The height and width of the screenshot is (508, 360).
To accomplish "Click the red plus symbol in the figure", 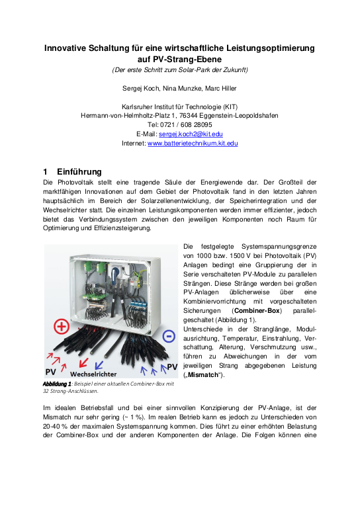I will [62, 327].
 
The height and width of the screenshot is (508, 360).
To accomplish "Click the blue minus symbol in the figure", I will [168, 336].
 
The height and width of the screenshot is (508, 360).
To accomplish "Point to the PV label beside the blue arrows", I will [171, 366].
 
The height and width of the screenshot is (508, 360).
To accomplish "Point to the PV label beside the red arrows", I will [50, 372].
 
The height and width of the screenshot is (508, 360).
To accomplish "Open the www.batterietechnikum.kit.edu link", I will [192, 143].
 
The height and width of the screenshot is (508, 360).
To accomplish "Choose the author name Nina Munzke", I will [179, 87].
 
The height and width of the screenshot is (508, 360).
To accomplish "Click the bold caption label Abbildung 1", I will [57, 384].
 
